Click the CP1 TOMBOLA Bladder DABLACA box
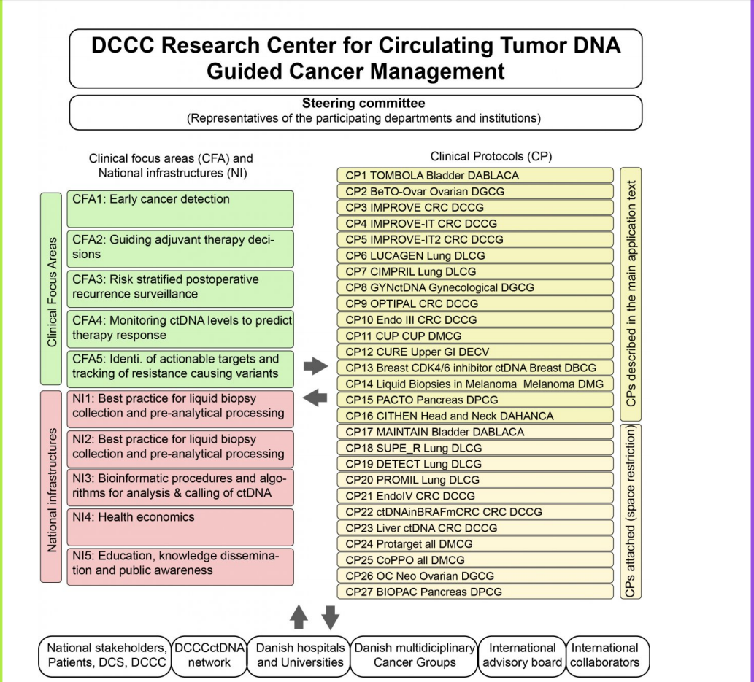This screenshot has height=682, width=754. point(474,176)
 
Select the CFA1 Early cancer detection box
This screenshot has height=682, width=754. point(180,209)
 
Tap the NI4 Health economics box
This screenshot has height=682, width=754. point(180,527)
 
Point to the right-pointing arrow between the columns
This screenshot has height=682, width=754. point(316,366)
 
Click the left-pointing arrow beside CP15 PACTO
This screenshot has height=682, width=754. point(316,398)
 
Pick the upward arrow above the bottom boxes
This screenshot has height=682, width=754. point(299,616)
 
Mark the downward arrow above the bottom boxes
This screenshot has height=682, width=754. point(331,616)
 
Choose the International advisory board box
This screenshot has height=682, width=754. point(522,655)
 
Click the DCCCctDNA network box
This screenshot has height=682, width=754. point(209,655)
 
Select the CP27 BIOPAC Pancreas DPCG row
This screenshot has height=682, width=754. point(474,592)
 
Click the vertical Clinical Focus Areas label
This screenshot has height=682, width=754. point(51,289)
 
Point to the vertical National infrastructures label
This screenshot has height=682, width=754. point(51,486)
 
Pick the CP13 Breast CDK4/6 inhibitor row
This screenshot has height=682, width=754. point(474,368)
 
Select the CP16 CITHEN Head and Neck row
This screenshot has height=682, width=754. point(474,416)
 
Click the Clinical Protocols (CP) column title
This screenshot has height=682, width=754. point(486,157)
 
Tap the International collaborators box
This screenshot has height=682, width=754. point(607,655)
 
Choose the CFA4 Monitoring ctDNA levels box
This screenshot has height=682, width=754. point(180,328)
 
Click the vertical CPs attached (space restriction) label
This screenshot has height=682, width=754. point(631,511)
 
